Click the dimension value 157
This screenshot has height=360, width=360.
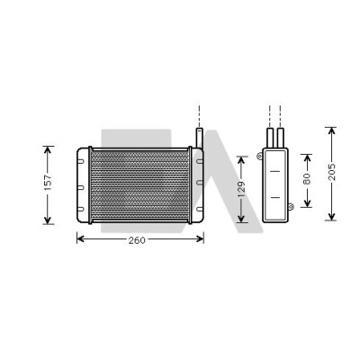48,183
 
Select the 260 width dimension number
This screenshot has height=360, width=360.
137,240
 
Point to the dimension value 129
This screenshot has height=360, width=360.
242,189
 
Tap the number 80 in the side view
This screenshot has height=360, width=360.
307,179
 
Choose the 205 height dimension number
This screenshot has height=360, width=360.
332,172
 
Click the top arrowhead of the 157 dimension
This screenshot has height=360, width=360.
48,149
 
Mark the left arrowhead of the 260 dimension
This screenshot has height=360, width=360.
80,239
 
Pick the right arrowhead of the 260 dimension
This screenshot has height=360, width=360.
200,239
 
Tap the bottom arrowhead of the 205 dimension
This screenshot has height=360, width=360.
331,217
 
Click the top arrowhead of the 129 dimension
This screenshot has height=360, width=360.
241,160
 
